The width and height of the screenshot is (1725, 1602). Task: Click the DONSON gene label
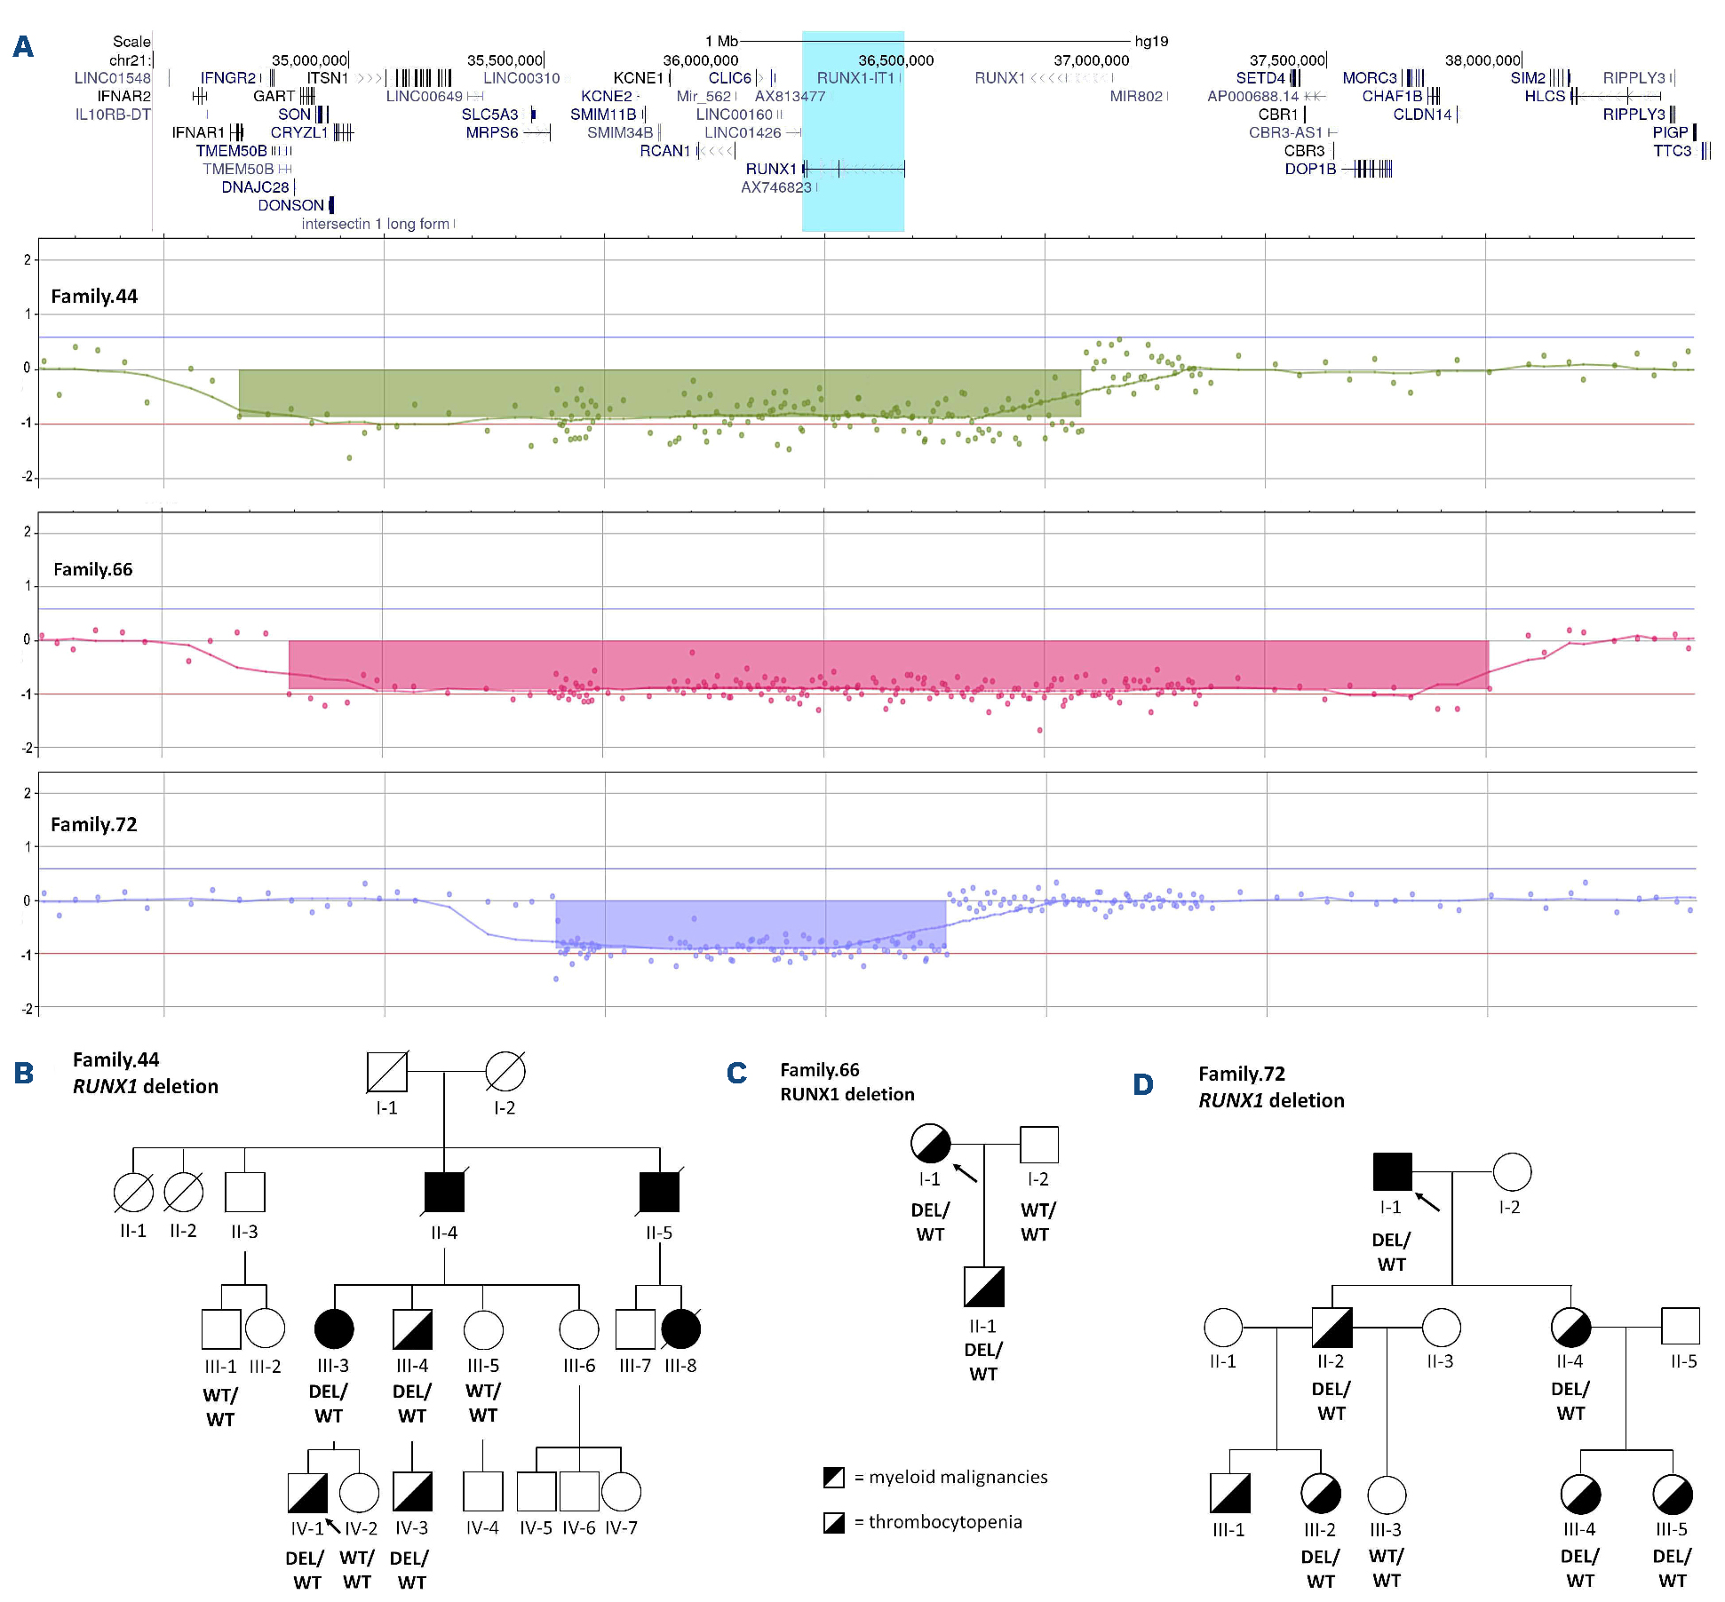[x=290, y=205]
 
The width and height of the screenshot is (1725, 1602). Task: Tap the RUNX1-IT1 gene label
[x=855, y=78]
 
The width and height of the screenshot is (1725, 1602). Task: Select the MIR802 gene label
[x=1136, y=96]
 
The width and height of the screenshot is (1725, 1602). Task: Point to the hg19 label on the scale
[x=1152, y=41]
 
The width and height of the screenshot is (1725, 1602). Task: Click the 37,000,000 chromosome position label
[x=1092, y=60]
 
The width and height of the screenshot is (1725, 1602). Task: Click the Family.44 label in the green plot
[x=94, y=297]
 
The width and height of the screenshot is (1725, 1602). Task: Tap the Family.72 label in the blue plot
[x=94, y=824]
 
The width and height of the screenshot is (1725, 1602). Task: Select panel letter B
[x=24, y=1073]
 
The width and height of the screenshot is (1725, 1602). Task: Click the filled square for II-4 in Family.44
[x=444, y=1192]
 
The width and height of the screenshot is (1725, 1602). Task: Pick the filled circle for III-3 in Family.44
[x=334, y=1328]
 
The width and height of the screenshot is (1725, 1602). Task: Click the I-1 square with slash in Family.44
[x=387, y=1071]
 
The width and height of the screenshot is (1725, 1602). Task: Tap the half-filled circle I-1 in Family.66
[x=931, y=1144]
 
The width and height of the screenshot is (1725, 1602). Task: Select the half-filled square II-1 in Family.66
[x=984, y=1287]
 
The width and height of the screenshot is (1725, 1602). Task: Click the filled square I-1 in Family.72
[x=1392, y=1172]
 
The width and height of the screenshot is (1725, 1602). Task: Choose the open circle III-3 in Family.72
[x=1387, y=1495]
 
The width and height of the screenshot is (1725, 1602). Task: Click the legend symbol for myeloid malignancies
[x=834, y=1478]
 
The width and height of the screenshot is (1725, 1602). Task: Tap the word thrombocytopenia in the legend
[x=945, y=1522]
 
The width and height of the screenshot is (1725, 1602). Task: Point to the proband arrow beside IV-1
[x=333, y=1526]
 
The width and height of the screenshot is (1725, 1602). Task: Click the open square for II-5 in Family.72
[x=1681, y=1326]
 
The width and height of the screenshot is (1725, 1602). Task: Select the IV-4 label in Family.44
[x=482, y=1528]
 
